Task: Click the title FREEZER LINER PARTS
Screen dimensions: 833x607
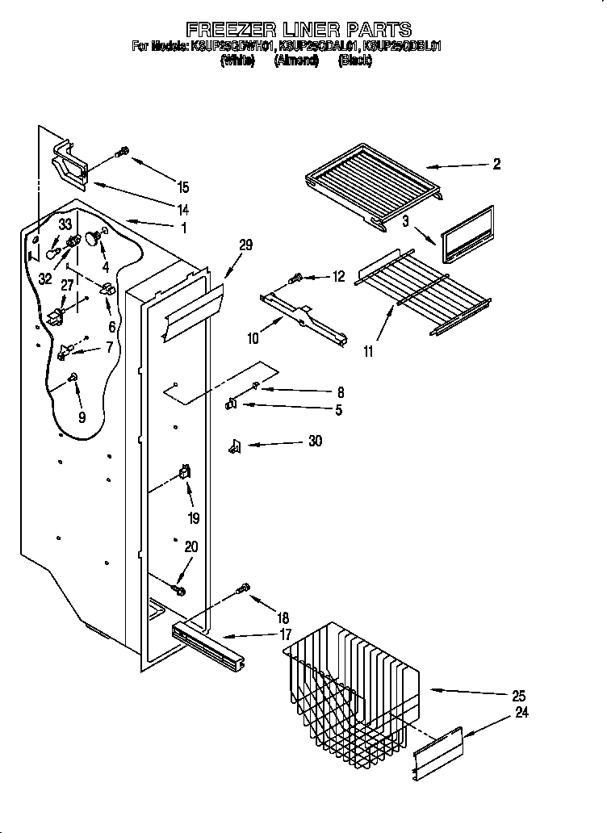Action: (x=299, y=30)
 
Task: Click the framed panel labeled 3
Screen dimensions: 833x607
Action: (x=467, y=234)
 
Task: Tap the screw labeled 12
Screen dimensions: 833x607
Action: (x=295, y=278)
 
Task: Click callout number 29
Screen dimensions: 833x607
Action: (x=245, y=245)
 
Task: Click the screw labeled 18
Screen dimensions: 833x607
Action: (x=241, y=590)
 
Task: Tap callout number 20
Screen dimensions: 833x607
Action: (x=190, y=546)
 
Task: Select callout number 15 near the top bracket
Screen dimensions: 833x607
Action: (x=183, y=187)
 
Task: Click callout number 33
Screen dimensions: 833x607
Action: (x=65, y=224)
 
